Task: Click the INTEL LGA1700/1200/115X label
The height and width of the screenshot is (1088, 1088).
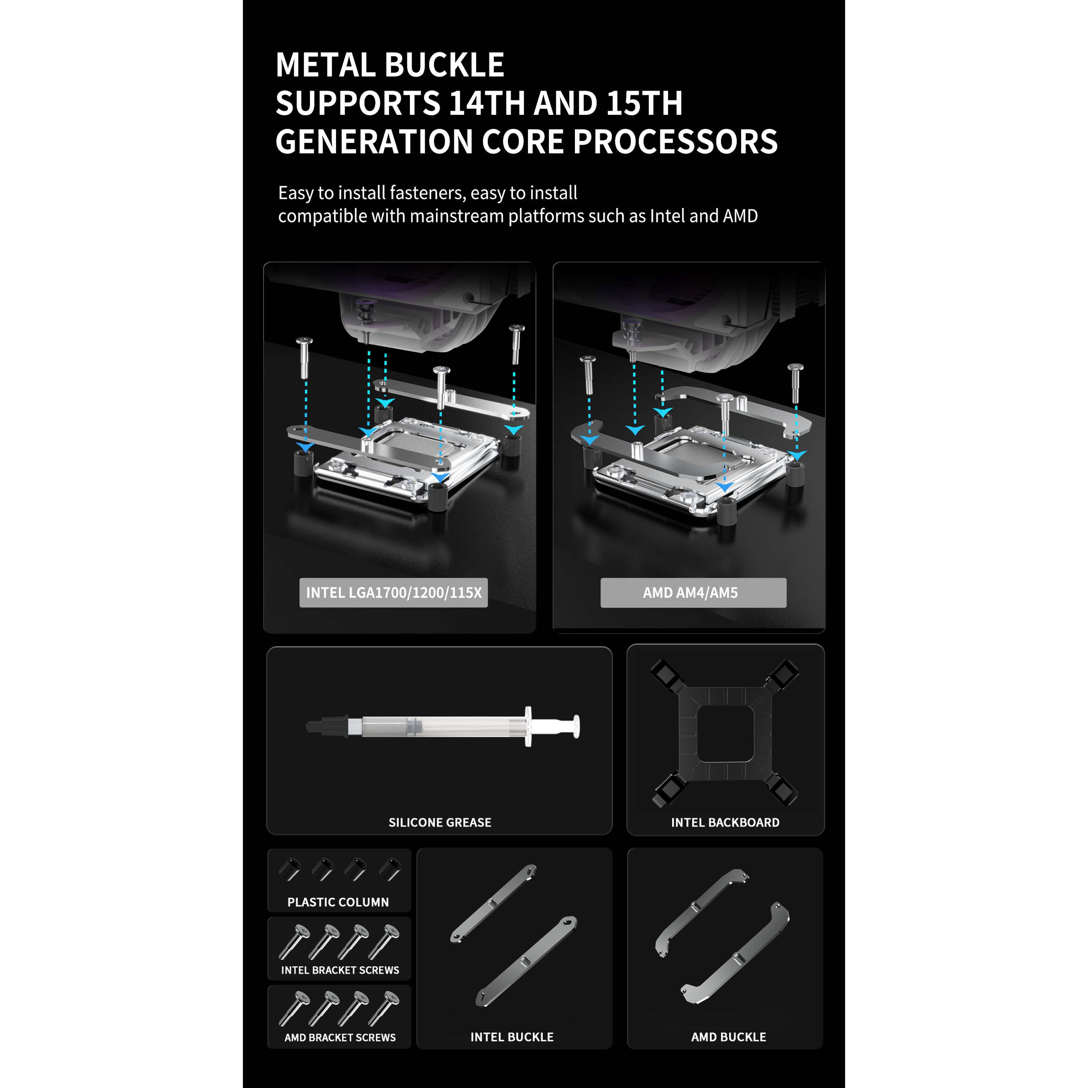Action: pyautogui.click(x=394, y=592)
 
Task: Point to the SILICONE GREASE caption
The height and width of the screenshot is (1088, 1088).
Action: pyautogui.click(x=440, y=822)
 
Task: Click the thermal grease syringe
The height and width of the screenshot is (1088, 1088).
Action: pyautogui.click(x=443, y=726)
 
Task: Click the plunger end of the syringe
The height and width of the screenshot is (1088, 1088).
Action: pyautogui.click(x=575, y=726)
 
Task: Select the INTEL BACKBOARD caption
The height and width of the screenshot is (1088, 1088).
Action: pyautogui.click(x=725, y=822)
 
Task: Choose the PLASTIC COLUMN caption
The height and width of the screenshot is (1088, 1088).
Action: pyautogui.click(x=338, y=902)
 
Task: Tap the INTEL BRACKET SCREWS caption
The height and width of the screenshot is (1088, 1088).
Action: pyautogui.click(x=340, y=970)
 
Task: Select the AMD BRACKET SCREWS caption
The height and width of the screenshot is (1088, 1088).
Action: pyautogui.click(x=340, y=1038)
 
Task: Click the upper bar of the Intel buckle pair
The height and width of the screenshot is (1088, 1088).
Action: pyautogui.click(x=494, y=903)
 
